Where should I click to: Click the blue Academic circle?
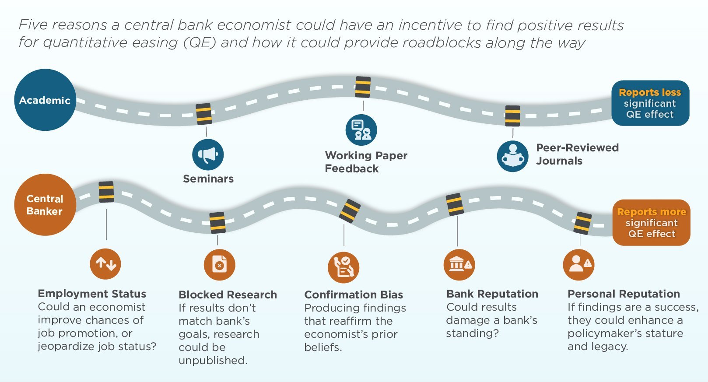pyautogui.click(x=45, y=100)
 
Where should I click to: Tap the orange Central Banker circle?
pyautogui.click(x=45, y=205)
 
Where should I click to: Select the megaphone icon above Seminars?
pyautogui.click(x=208, y=155)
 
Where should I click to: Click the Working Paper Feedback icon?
pyautogui.click(x=361, y=130)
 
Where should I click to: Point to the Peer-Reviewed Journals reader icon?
pyautogui.click(x=513, y=156)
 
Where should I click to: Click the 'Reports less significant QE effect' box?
pyautogui.click(x=650, y=103)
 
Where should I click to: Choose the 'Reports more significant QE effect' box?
pyautogui.click(x=652, y=222)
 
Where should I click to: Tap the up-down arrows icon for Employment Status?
pyautogui.click(x=105, y=263)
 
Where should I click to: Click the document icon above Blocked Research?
pyautogui.click(x=219, y=265)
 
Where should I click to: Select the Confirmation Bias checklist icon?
pyautogui.click(x=343, y=267)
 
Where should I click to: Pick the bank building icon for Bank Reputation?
pyautogui.click(x=459, y=265)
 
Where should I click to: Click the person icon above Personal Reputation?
pyautogui.click(x=579, y=265)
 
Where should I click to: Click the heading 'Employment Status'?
pyautogui.click(x=92, y=294)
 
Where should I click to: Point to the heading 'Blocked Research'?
pyautogui.click(x=228, y=295)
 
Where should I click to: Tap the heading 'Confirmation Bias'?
pyautogui.click(x=354, y=295)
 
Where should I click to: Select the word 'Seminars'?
pyautogui.click(x=208, y=179)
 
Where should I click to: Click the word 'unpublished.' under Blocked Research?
pyautogui.click(x=213, y=361)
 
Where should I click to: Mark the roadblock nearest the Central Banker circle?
pyautogui.click(x=106, y=192)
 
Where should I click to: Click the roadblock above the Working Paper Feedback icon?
pyautogui.click(x=363, y=87)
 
